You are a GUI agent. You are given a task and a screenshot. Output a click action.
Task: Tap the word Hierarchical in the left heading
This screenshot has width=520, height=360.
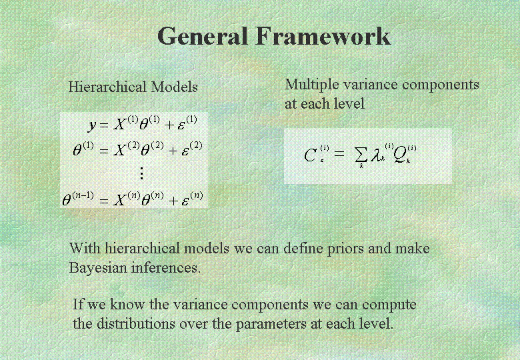tap(107, 87)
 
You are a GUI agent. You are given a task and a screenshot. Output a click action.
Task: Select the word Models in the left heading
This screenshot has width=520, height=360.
tap(175, 87)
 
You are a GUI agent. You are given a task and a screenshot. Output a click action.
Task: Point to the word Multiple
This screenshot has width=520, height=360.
tap(312, 85)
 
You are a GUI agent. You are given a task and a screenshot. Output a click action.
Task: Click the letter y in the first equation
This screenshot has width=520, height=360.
tap(92, 125)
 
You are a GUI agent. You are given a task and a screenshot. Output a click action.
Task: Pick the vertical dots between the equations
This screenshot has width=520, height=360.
tap(141, 173)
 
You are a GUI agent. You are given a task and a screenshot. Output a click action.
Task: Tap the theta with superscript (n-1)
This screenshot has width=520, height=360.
tap(78, 199)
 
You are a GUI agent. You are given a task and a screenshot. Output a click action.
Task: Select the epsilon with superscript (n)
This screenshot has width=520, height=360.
tap(193, 199)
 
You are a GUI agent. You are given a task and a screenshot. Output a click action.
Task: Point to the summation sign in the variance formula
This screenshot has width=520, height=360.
tap(361, 155)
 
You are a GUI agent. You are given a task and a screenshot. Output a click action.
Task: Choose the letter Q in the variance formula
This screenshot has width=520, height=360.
tap(399, 155)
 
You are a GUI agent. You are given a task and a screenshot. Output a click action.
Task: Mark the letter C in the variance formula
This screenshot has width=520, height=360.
tap(310, 155)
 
